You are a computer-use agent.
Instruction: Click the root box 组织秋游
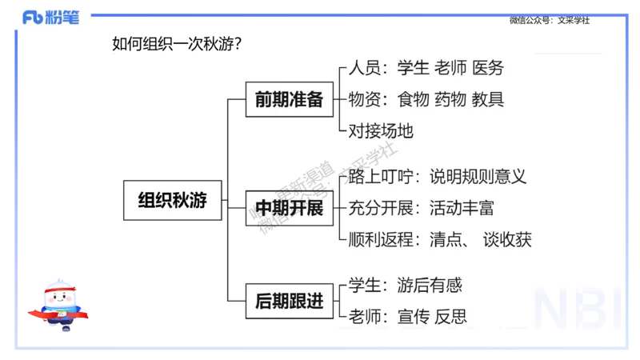(172, 201)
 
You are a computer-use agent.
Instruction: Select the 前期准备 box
(289, 100)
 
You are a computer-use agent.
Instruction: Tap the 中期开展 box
(289, 209)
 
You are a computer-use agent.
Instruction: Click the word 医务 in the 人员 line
(488, 69)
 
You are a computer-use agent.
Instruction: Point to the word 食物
(413, 100)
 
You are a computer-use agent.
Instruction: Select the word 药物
(450, 100)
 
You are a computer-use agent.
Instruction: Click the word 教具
(488, 100)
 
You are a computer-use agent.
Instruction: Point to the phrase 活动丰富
(462, 209)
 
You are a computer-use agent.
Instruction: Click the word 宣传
(413, 316)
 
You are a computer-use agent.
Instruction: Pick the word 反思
(450, 316)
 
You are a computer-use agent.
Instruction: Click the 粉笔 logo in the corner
(51, 18)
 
